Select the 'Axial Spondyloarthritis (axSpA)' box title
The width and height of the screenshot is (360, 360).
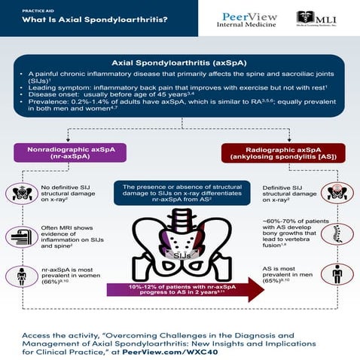(179, 63)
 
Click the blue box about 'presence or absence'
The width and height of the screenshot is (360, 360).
(179, 193)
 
